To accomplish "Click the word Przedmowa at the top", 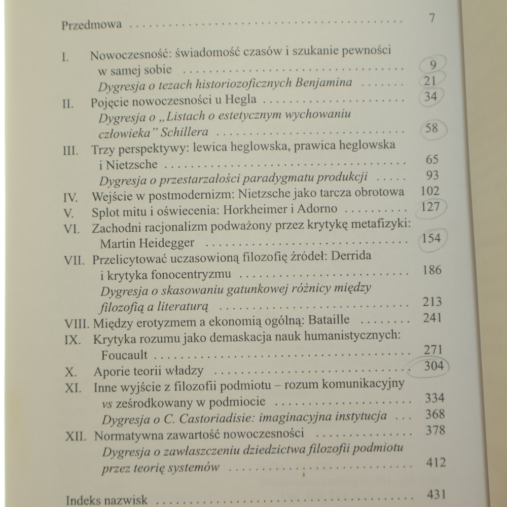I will click(91, 25).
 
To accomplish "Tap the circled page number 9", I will click(432, 65).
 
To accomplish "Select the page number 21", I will click(432, 81).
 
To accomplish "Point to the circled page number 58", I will click(432, 128).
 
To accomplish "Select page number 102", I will click(431, 192).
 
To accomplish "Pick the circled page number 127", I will click(431, 207).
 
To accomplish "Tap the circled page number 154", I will click(431, 238).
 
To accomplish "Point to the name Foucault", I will click(124, 355).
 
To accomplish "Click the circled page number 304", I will click(432, 366).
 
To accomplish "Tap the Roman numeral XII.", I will click(76, 435).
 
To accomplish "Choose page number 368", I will click(433, 414).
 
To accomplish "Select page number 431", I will click(436, 494).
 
